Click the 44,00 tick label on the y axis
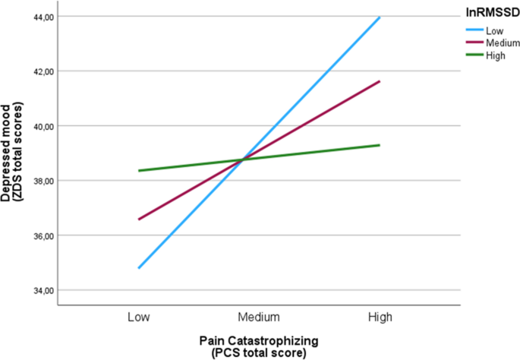(x=38, y=17)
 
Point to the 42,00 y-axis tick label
(x=38, y=71)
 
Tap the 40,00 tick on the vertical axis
(x=38, y=126)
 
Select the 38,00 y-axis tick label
(x=38, y=181)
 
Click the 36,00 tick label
(x=38, y=235)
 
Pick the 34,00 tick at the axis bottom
(x=38, y=290)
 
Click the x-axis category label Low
(x=139, y=315)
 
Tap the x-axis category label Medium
(x=259, y=315)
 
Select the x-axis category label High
(x=379, y=315)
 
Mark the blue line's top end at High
(x=380, y=17)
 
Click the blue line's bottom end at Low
(x=139, y=268)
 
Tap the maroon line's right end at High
(x=380, y=81)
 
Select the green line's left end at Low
(x=139, y=171)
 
